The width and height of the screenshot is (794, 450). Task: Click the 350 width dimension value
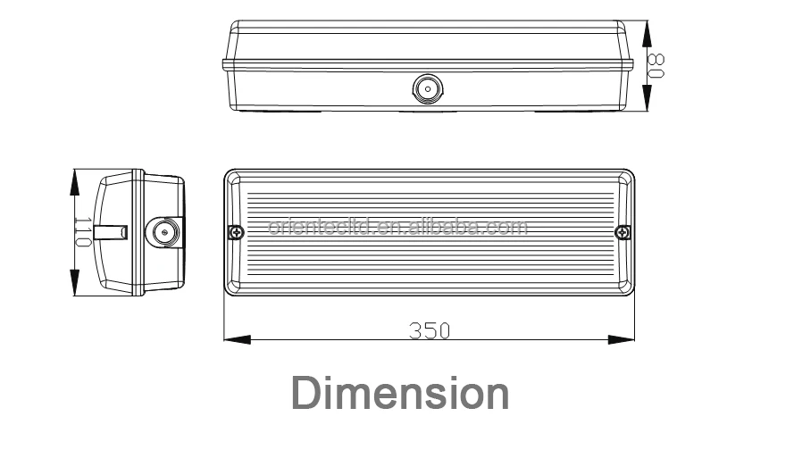pyautogui.click(x=430, y=329)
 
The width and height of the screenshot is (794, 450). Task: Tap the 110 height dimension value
pyautogui.click(x=82, y=231)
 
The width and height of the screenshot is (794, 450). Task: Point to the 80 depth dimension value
pyautogui.click(x=656, y=65)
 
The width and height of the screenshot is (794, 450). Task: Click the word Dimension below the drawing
pyautogui.click(x=401, y=393)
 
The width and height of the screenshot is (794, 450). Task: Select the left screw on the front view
pyautogui.click(x=236, y=232)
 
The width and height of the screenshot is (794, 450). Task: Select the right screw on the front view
pyautogui.click(x=622, y=232)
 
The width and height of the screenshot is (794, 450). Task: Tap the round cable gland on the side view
pyautogui.click(x=163, y=232)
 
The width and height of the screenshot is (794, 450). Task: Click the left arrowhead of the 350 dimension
pyautogui.click(x=234, y=339)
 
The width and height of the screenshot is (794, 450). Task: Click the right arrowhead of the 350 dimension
pyautogui.click(x=623, y=339)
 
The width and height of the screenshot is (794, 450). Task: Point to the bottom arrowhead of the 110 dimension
pyautogui.click(x=71, y=285)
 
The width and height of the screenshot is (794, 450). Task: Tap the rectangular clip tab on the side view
pyautogui.click(x=114, y=232)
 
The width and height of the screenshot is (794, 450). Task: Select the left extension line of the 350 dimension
pyautogui.click(x=223, y=317)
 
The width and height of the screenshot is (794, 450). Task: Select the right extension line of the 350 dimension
pyautogui.click(x=634, y=317)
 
